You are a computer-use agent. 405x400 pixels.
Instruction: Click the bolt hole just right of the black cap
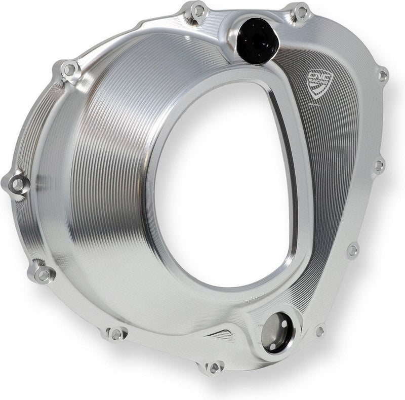pos(302,11)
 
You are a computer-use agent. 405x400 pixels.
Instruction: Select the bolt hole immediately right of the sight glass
pos(319,331)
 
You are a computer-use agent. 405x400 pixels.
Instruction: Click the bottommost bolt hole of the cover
pos(215,367)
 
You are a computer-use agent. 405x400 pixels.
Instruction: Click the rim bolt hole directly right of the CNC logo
pos(383,76)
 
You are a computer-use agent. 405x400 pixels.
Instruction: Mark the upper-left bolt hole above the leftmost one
pos(70,69)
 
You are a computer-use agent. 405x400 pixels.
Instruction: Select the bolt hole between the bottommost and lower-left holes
pos(116,334)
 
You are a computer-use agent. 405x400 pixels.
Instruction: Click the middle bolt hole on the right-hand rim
pos(378,165)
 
